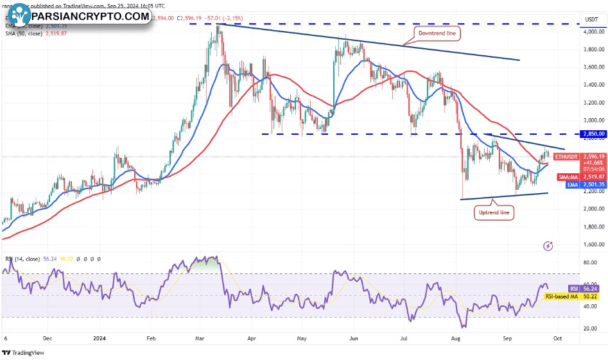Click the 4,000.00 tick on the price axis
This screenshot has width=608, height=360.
tap(591, 31)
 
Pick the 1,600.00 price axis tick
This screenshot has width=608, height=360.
tap(591, 244)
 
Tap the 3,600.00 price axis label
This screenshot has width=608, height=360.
tap(591, 67)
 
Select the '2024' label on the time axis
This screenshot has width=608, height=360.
tap(100, 336)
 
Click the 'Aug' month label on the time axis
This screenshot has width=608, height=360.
tap(456, 336)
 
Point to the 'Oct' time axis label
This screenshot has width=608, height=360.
tap(559, 336)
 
